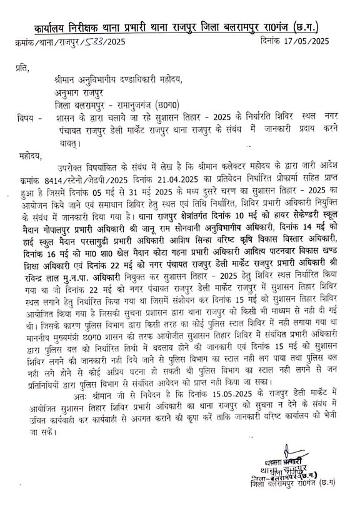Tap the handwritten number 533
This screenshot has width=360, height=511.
96,43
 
